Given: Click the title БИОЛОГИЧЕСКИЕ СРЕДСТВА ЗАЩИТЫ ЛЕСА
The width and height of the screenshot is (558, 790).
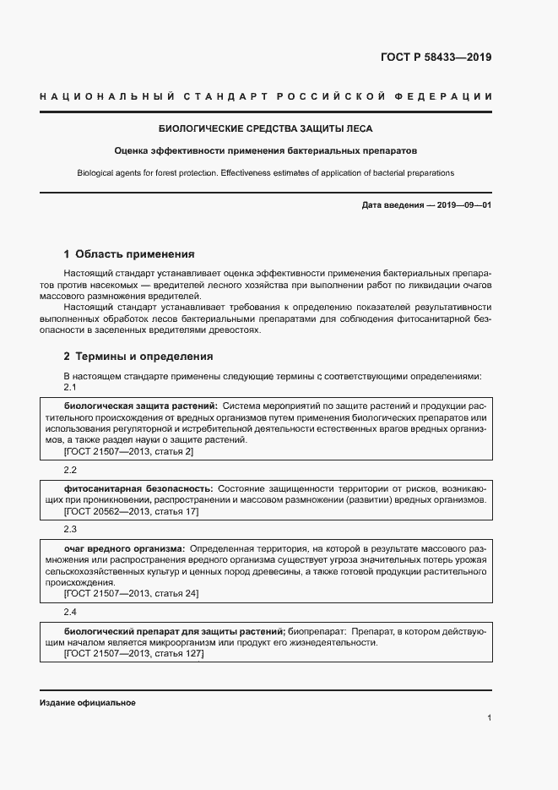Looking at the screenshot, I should point(266,129).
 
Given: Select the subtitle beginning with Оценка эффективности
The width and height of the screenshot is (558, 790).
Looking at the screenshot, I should point(266,151).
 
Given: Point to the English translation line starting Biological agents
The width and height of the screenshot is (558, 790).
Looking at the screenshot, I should point(266,172).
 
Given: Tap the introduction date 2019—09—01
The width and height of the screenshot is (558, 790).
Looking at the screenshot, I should point(462,205).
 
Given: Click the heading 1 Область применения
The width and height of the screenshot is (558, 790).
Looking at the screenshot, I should point(129,253).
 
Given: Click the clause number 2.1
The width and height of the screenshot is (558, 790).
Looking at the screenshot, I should point(71,387).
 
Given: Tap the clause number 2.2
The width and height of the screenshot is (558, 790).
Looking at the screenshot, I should point(71,469).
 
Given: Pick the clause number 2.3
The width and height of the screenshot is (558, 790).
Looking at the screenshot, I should point(71,529).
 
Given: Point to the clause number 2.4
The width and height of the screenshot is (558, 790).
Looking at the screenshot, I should point(71,611).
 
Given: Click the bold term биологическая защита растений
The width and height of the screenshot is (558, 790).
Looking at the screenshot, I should point(140,406).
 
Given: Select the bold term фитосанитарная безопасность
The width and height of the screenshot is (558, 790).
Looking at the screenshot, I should point(138,488).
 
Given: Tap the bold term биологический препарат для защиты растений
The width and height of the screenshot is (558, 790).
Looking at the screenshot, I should point(173,630).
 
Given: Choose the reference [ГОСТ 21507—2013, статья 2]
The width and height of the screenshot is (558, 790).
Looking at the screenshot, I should point(129,452).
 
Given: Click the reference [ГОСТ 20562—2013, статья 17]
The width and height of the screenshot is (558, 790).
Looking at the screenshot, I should point(132,511).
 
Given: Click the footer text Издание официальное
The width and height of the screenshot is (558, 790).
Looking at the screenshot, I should point(88,703).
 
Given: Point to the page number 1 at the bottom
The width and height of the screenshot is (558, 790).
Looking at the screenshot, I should point(490,718).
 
